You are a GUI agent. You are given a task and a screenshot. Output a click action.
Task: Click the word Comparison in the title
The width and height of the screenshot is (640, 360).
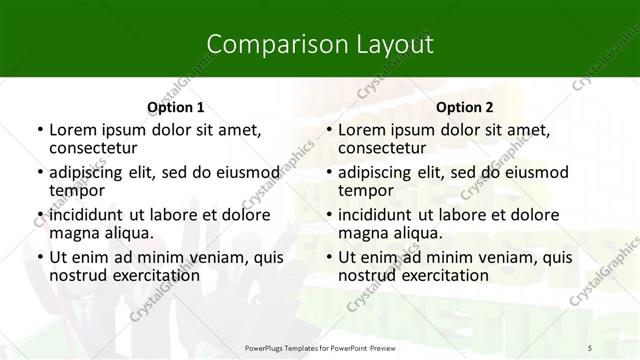(267, 44)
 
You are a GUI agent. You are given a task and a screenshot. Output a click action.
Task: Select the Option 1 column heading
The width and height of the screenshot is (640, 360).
(175, 107)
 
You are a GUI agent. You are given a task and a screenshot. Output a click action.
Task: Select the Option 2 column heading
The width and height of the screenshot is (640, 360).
(464, 107)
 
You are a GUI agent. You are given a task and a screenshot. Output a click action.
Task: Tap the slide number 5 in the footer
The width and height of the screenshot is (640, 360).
(590, 346)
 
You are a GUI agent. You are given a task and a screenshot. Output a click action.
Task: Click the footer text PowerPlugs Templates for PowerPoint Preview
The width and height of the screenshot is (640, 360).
(320, 346)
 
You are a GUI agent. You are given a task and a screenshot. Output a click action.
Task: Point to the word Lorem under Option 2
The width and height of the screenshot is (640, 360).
(363, 129)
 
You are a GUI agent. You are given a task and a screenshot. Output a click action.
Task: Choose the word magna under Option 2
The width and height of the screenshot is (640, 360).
(362, 233)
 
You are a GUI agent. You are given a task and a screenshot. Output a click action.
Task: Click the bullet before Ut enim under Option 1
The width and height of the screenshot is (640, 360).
(38, 257)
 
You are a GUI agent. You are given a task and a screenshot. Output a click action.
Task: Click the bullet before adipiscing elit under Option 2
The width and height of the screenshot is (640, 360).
(327, 172)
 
